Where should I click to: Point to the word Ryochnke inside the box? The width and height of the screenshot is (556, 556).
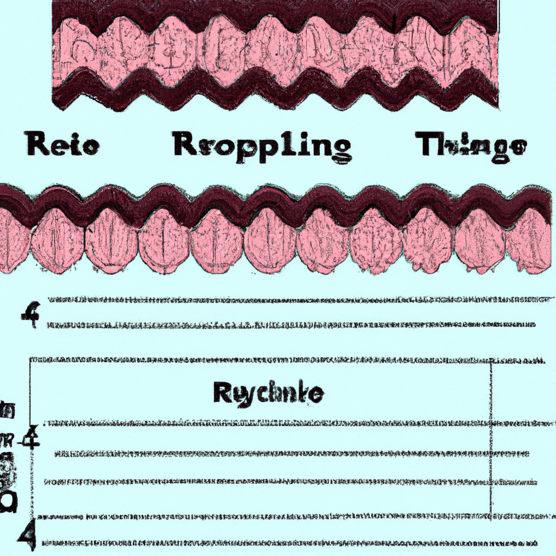click(268, 392)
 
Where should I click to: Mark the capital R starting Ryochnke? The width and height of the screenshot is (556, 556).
click(222, 392)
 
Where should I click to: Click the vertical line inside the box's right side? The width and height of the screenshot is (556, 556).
click(491, 434)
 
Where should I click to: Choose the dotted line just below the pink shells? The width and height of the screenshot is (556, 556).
click(293, 299)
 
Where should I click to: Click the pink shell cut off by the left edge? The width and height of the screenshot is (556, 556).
click(12, 242)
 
